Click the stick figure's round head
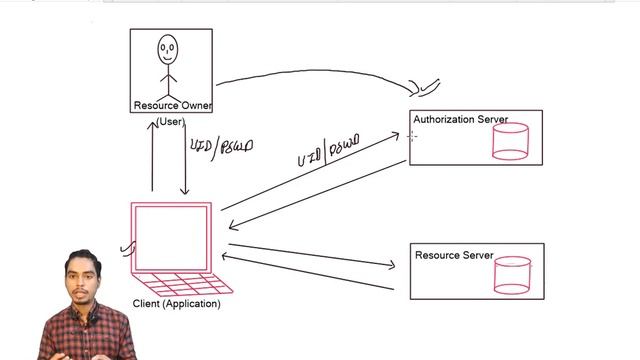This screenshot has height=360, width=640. click(x=167, y=47)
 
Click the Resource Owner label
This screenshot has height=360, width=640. click(x=172, y=105)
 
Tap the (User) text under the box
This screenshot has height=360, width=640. click(x=169, y=122)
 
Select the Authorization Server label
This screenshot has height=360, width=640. click(x=460, y=120)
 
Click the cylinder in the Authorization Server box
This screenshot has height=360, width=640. click(x=510, y=141)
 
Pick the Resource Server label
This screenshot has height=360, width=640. click(x=454, y=256)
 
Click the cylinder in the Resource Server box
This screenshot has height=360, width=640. click(x=512, y=276)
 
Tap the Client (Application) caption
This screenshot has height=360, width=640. click(x=176, y=304)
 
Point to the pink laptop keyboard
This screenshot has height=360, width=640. click(x=180, y=282)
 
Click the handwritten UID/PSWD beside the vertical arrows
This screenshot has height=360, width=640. click(x=221, y=146)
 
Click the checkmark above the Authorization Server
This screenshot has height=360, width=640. click(x=425, y=88)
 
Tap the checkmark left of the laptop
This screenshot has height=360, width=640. click(x=127, y=246)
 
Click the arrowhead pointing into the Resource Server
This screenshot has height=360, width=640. click(x=391, y=265)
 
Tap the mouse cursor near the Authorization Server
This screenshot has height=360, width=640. click(x=412, y=135)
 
